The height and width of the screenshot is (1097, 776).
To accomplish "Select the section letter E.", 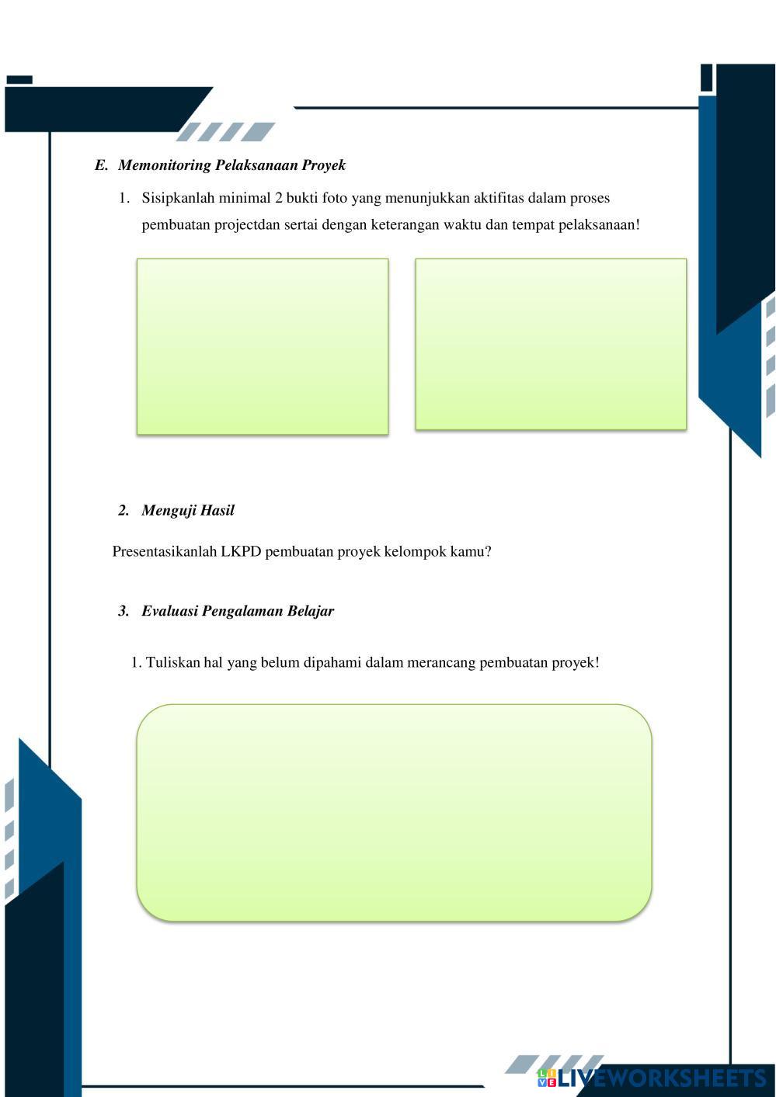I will (101, 165).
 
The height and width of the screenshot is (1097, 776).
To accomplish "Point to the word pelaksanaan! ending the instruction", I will (599, 225).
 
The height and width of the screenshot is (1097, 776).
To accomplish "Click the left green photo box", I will (263, 346).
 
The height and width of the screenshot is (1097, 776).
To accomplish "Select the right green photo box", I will (551, 344).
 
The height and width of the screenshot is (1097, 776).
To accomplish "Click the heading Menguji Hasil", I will (188, 511).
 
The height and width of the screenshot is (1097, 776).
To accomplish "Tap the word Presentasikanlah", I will (165, 552).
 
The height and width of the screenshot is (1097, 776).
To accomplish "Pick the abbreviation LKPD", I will (241, 552).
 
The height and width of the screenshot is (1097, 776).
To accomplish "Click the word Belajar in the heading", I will (311, 611).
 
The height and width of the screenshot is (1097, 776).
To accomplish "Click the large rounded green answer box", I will (394, 813).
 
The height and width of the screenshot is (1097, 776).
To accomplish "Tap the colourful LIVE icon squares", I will (547, 1078).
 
